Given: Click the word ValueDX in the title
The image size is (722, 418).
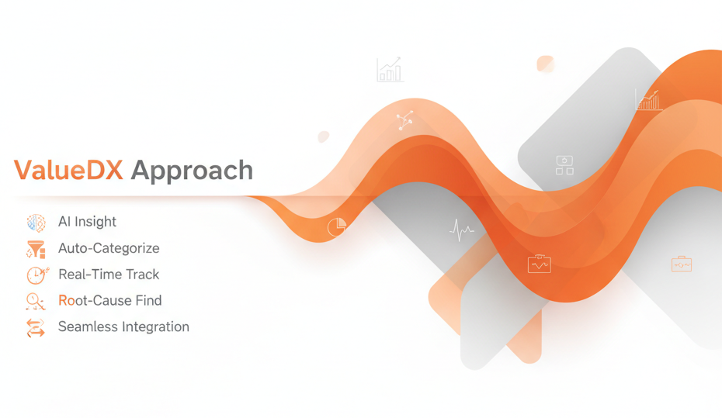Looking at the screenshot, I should click(x=68, y=171).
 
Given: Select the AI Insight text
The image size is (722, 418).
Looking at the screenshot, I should click(x=87, y=222).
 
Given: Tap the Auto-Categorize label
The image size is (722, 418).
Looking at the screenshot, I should click(x=109, y=248).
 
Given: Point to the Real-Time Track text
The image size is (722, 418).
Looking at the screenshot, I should click(x=109, y=275).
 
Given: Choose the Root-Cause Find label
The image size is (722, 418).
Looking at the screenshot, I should click(x=110, y=301).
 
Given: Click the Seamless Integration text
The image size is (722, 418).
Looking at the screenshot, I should click(x=123, y=327).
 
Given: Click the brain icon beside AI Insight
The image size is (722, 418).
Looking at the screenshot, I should click(x=36, y=223).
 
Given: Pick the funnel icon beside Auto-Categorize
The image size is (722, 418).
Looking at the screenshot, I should click(x=36, y=249).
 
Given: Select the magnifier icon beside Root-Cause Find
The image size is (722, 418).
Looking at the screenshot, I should click(x=36, y=301).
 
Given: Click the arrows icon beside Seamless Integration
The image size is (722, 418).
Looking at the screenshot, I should click(x=36, y=327).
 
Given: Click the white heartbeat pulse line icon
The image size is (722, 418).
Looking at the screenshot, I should click(x=462, y=230).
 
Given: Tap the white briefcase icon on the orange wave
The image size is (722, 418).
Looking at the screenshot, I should click(x=539, y=264).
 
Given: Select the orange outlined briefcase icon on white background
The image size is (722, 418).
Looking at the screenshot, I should click(x=681, y=264).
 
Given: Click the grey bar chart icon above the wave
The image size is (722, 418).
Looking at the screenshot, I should click(x=390, y=70).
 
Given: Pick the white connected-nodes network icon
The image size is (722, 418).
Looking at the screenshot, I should click(x=404, y=119).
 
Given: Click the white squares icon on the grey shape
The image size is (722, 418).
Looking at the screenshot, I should click(x=564, y=164).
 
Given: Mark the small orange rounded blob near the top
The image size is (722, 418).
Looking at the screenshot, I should click(x=546, y=64).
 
